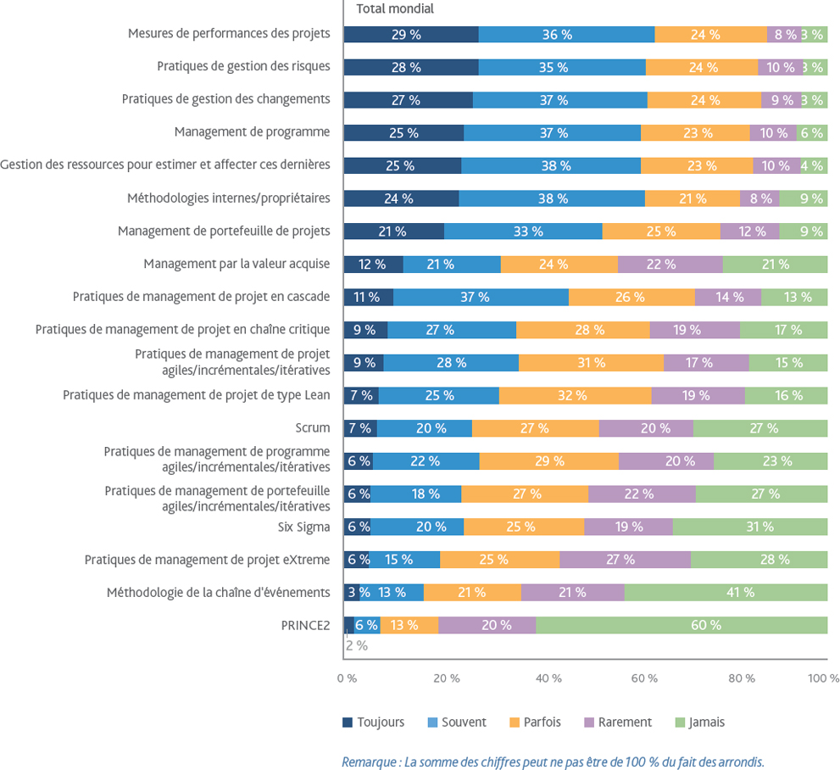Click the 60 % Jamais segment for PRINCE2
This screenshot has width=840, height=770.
(681, 625)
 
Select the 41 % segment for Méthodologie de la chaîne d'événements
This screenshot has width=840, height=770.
(726, 592)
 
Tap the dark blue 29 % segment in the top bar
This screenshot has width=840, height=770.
(410, 35)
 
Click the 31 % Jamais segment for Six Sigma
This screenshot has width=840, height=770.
(749, 527)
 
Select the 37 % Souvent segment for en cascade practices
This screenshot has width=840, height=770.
(481, 297)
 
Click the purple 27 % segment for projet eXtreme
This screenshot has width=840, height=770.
(625, 560)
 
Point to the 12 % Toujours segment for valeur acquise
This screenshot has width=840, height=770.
(373, 264)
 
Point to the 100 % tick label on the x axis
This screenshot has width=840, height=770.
(823, 678)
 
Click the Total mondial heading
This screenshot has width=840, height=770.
(394, 9)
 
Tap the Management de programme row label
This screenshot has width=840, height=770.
(252, 131)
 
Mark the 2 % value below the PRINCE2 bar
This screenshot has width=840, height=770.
(356, 645)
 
